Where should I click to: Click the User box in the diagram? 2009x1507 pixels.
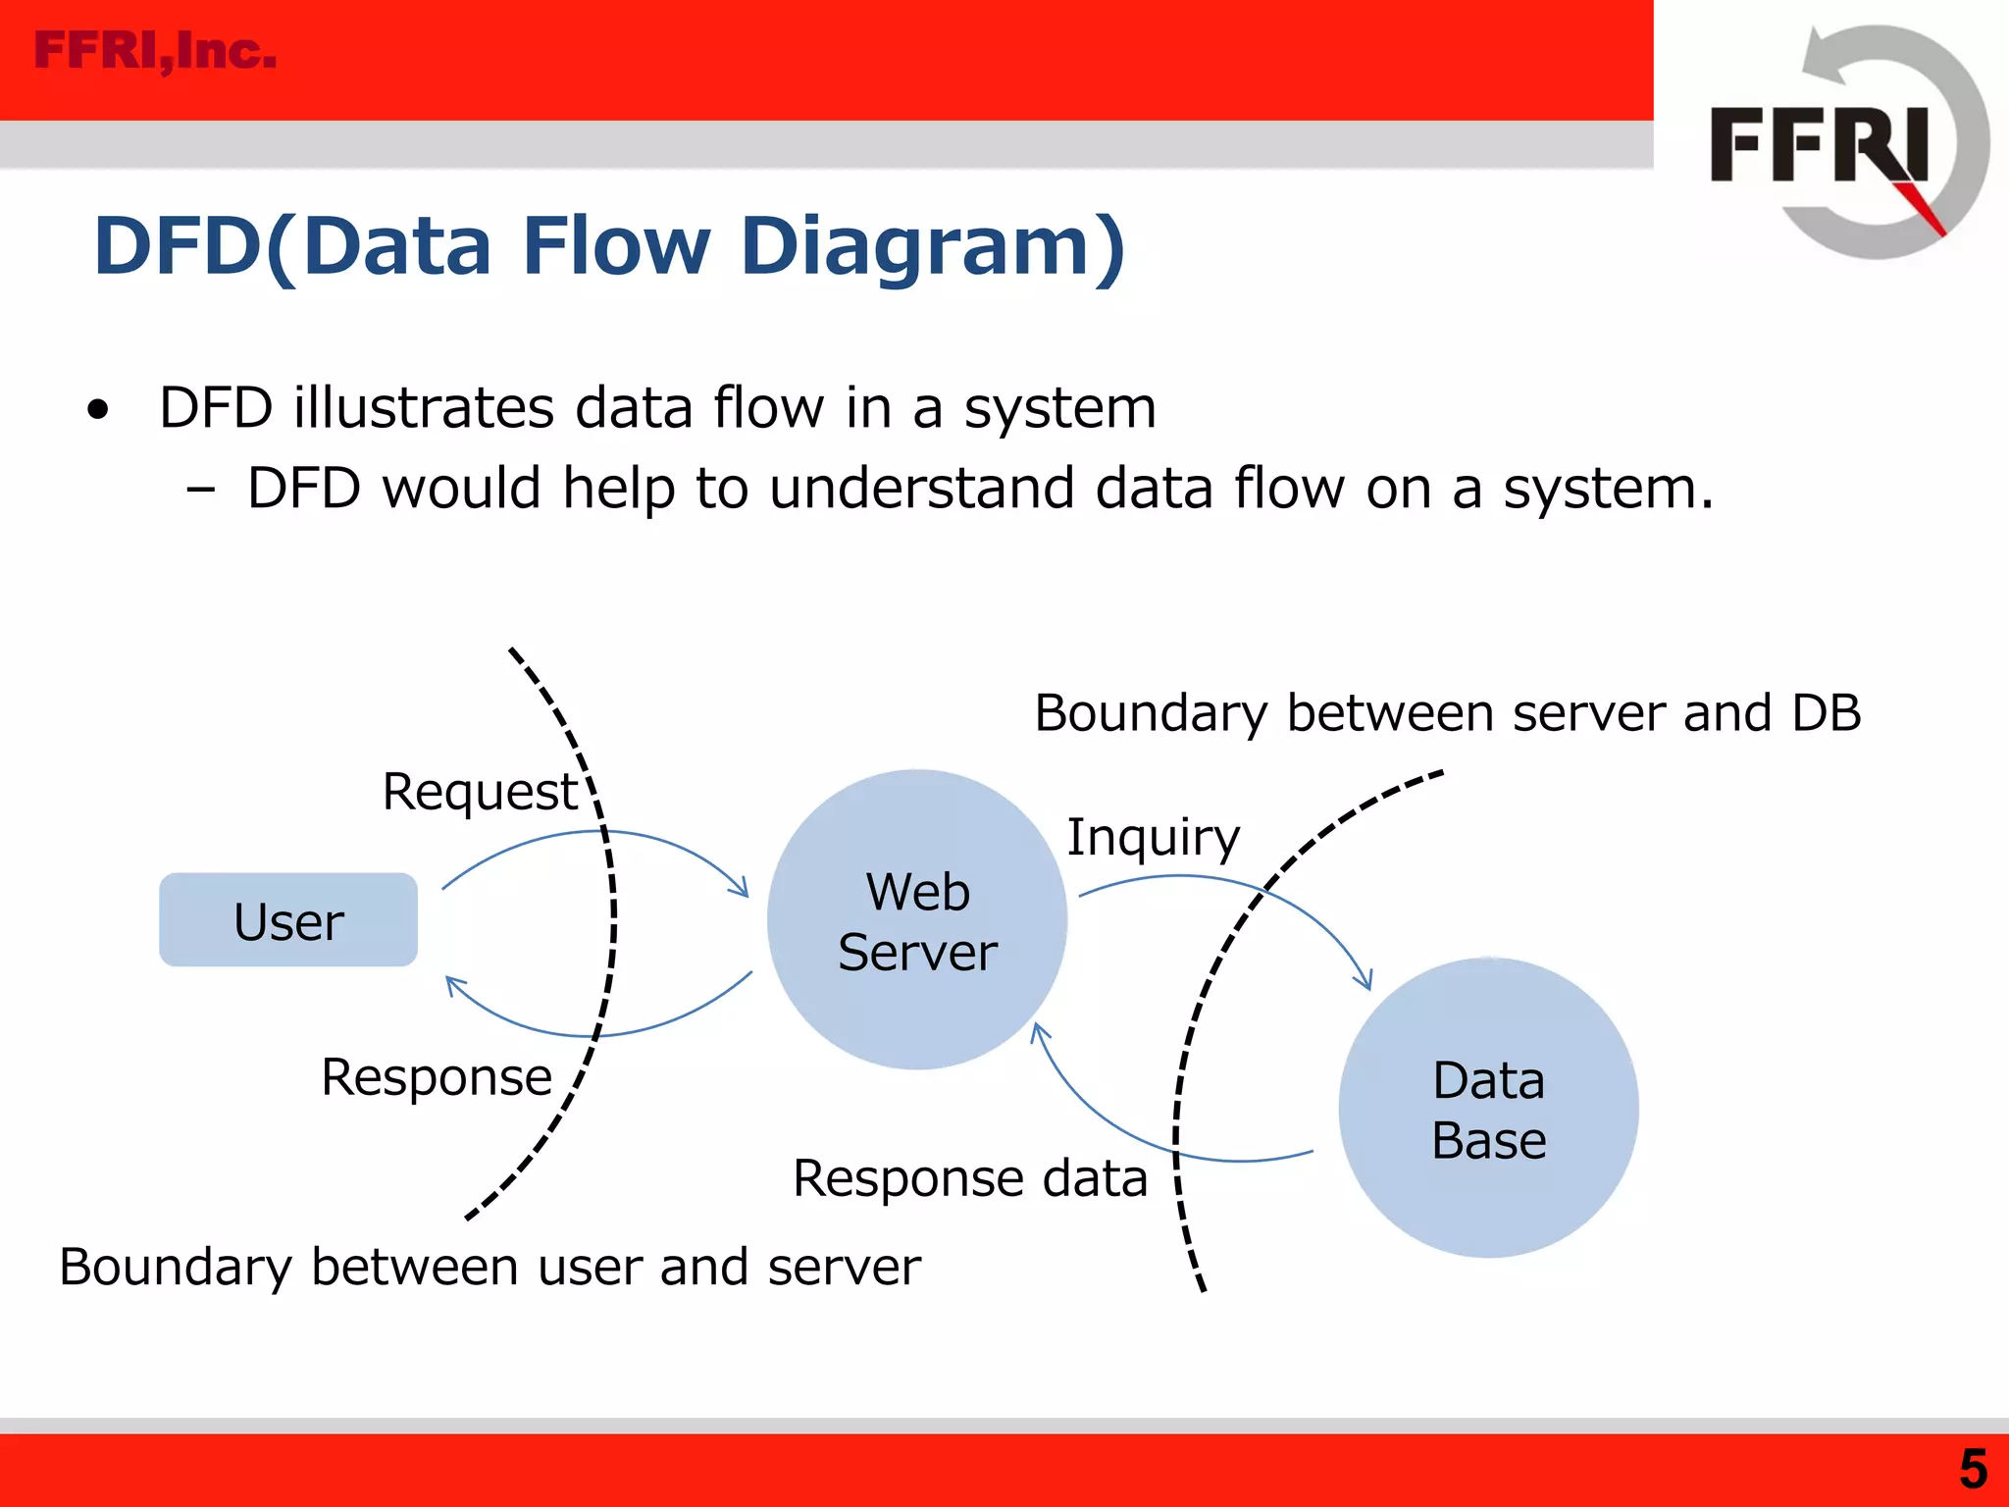click(x=288, y=919)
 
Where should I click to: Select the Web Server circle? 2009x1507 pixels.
click(x=916, y=919)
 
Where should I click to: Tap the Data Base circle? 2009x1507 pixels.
click(x=1487, y=1108)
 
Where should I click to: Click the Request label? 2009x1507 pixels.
click(x=480, y=791)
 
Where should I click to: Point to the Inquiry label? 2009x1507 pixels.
click(x=1153, y=837)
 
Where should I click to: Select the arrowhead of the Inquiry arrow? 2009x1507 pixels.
click(x=1365, y=980)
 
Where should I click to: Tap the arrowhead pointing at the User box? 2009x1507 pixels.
click(x=454, y=985)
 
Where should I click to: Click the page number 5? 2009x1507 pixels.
click(x=1973, y=1470)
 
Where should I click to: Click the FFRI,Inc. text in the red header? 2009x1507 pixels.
click(x=155, y=51)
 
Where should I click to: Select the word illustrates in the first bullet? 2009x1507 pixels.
click(x=423, y=407)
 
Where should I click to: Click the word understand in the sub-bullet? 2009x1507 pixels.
click(x=921, y=488)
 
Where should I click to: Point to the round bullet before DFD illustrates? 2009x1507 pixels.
click(x=97, y=409)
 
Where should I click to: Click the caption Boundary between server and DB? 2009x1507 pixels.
click(x=1447, y=712)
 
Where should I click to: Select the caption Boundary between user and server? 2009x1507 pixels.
click(x=489, y=1266)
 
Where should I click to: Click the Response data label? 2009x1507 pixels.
click(x=969, y=1177)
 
